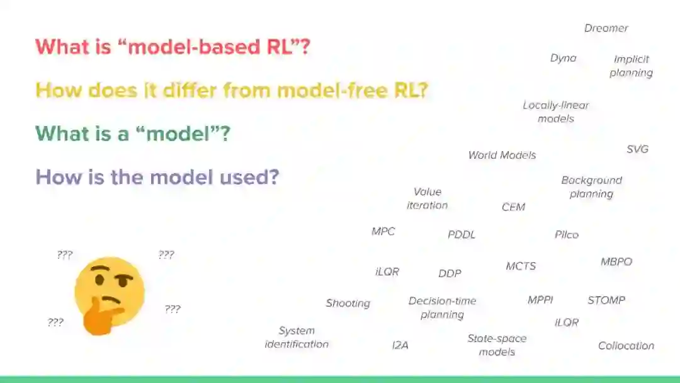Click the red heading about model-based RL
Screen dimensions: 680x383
(173, 47)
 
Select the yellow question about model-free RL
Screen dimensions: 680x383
(231, 91)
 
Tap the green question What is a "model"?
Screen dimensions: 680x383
(132, 134)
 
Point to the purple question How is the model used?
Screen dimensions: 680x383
(157, 177)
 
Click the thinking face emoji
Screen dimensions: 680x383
(108, 295)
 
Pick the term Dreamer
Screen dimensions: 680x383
(606, 28)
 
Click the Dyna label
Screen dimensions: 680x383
(563, 58)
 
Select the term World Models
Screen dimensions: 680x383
(502, 155)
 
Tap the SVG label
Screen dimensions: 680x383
(637, 149)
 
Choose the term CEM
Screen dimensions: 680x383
(513, 207)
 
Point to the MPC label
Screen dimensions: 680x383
(383, 232)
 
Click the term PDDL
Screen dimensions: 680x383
(462, 235)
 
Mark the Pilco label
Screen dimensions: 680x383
(566, 235)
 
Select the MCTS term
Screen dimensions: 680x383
(521, 266)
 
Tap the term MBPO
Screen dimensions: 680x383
(616, 262)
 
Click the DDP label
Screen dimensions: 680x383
(450, 273)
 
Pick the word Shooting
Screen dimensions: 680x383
(348, 304)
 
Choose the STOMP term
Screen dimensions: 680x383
(606, 300)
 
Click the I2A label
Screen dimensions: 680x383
(400, 345)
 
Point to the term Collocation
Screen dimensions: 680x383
(626, 346)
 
